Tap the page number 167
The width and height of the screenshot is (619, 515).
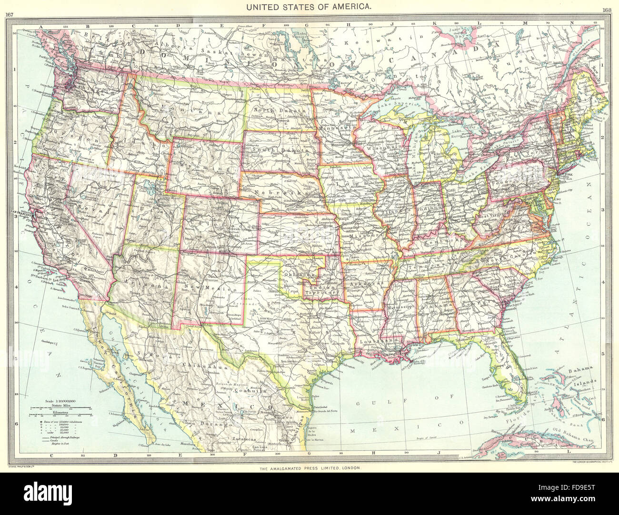9,14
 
